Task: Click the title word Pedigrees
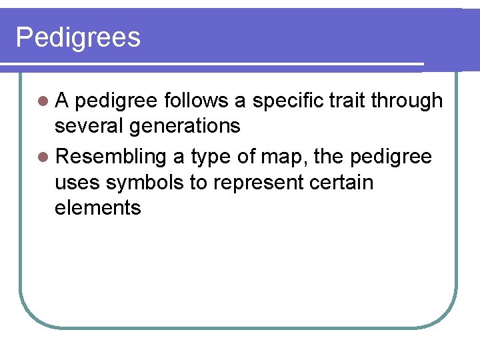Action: pos(78,38)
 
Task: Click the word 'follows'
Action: pos(196,100)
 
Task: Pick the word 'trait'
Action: pos(351,100)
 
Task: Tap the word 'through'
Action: pos(407,100)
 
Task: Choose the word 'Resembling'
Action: pos(111,157)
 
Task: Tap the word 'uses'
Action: pos(79,183)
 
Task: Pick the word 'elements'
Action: pos(98,208)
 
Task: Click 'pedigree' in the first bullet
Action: pos(117,101)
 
